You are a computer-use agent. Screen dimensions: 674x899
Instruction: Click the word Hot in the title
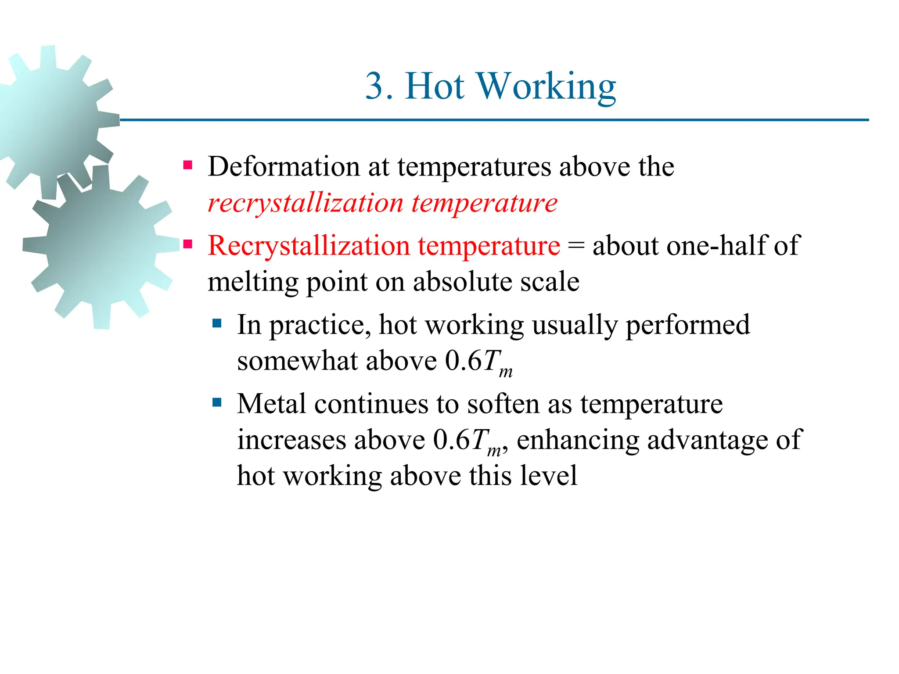point(435,86)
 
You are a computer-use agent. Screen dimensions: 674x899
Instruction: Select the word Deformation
point(284,167)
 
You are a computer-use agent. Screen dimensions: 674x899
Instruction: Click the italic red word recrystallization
point(305,204)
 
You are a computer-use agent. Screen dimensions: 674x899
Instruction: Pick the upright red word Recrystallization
point(309,245)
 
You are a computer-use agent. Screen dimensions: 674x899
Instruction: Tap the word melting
point(253,283)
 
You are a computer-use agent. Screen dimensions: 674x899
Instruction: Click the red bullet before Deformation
point(188,165)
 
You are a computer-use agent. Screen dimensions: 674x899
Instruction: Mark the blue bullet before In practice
point(217,324)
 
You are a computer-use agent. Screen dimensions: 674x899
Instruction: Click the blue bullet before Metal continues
point(217,402)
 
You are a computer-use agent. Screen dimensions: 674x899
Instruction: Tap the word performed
point(687,326)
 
